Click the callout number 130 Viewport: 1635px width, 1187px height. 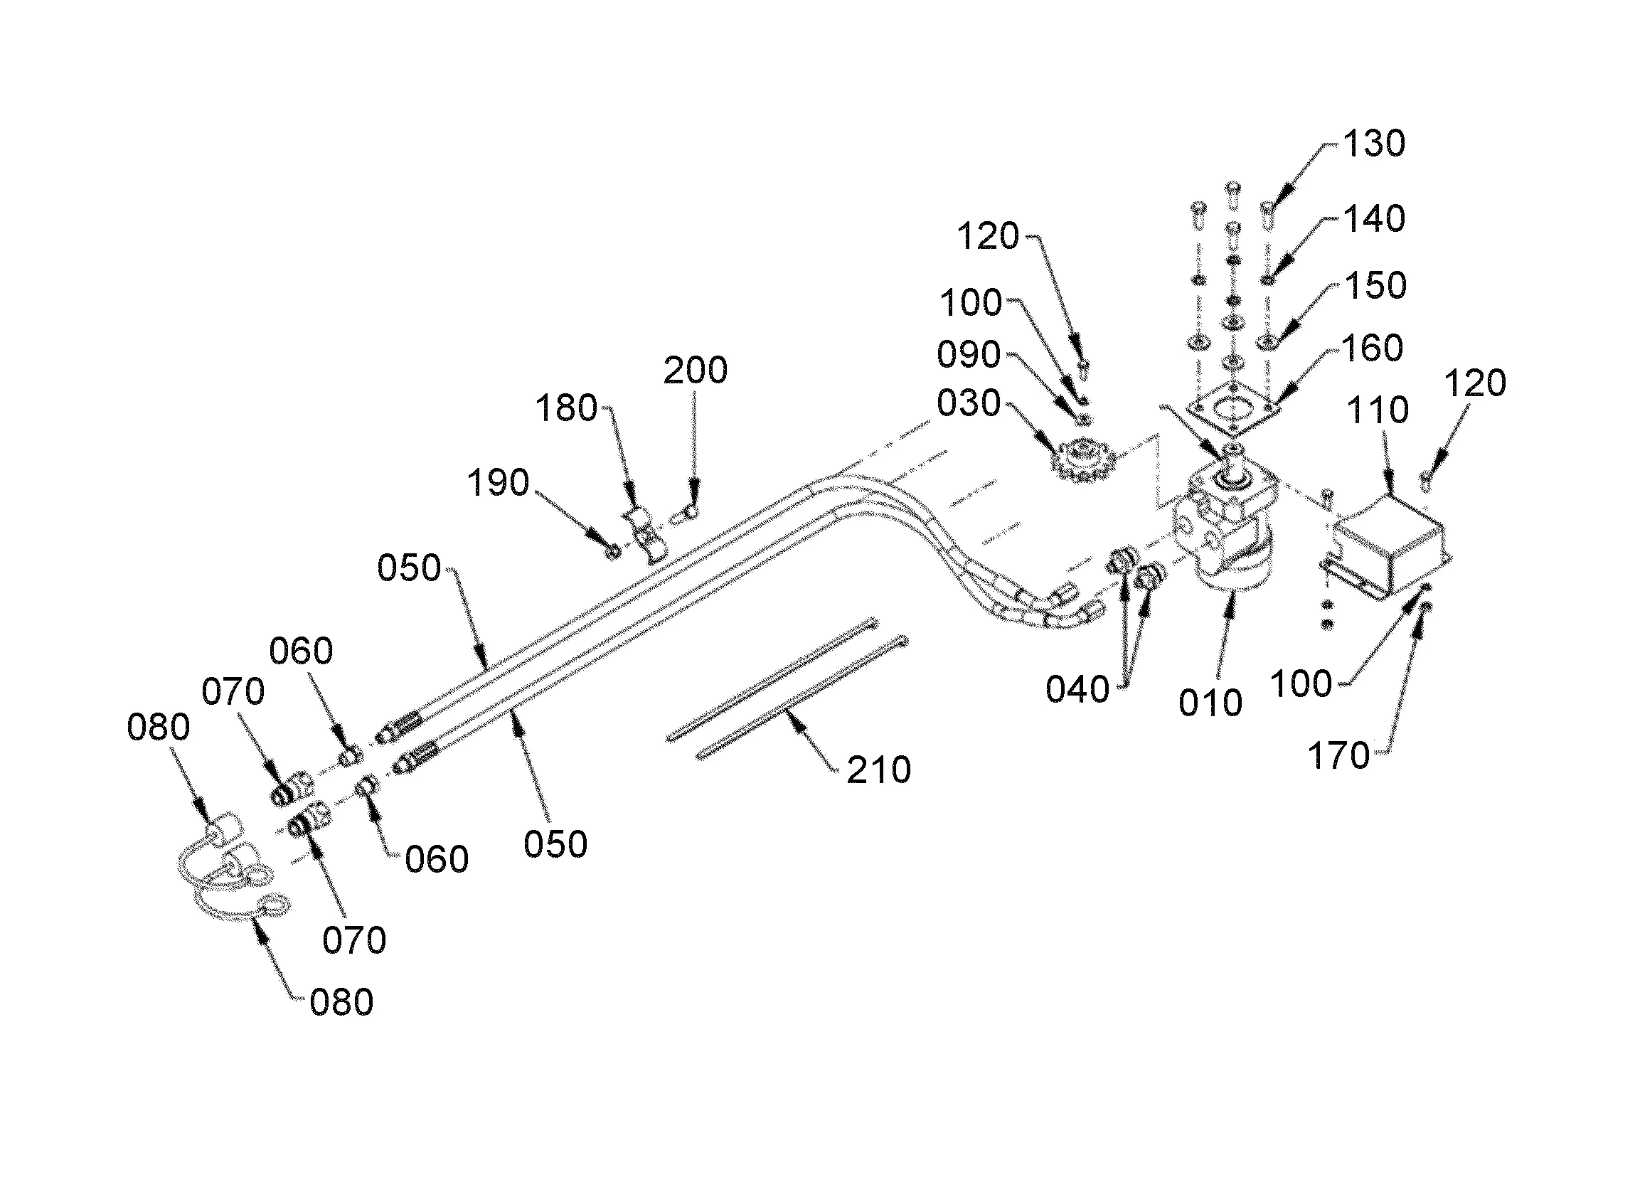[x=1374, y=144]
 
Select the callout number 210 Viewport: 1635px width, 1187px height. [x=879, y=771]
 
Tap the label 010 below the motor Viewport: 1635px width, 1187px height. [x=1210, y=703]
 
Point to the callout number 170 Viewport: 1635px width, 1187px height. [x=1338, y=757]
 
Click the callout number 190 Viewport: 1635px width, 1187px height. [x=498, y=482]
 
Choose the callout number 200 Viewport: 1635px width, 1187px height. [x=695, y=371]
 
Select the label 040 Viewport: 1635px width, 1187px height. [x=1077, y=690]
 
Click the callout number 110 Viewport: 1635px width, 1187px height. [x=1378, y=411]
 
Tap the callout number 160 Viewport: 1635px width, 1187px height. [x=1372, y=349]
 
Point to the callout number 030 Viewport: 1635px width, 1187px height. [x=969, y=404]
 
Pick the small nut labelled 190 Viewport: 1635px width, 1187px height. [x=614, y=553]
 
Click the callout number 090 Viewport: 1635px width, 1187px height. [x=969, y=356]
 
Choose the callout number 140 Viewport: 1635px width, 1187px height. [x=1374, y=219]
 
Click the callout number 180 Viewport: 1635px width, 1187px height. [x=567, y=409]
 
